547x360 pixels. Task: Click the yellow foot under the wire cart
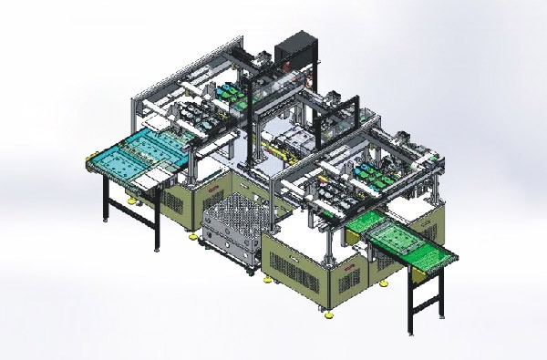tap(247, 272)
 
